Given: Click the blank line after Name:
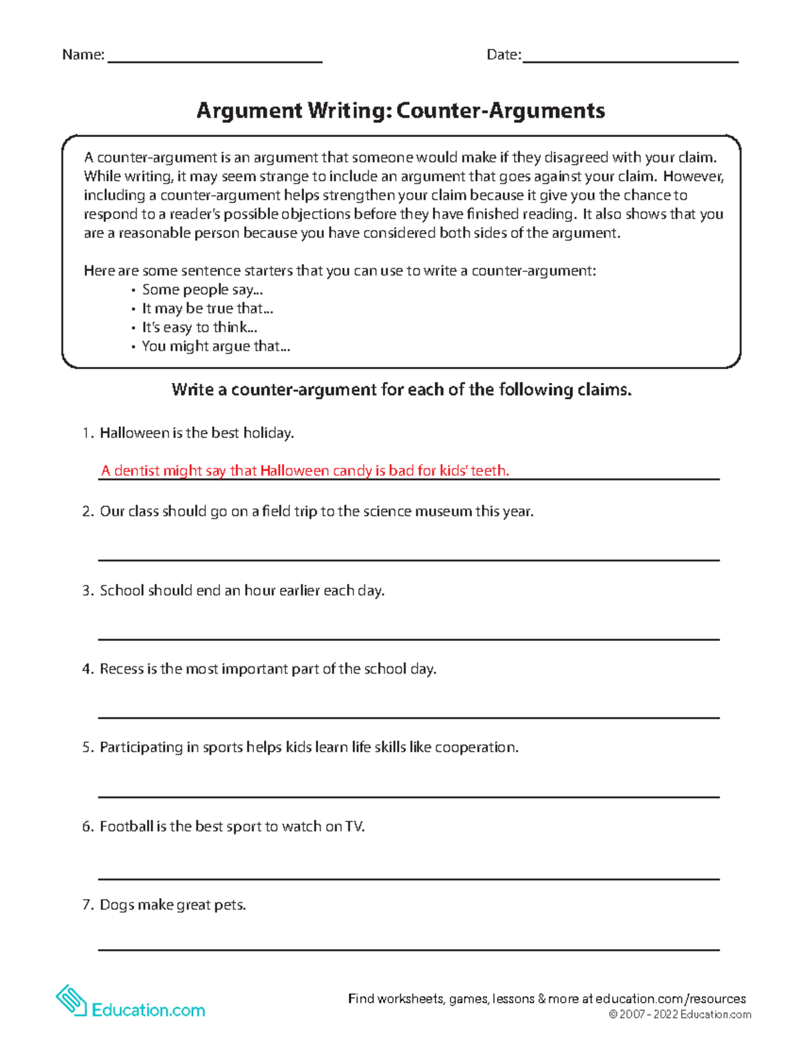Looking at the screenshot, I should tap(215, 60).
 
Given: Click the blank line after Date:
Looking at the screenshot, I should tap(630, 60).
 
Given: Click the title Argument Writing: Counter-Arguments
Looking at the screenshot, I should tap(400, 110).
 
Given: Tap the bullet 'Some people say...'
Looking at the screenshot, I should tap(202, 290).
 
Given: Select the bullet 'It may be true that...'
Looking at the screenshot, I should tap(207, 309).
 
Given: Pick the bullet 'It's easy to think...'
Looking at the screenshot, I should tap(199, 328).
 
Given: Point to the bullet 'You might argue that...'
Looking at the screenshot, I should tap(215, 346).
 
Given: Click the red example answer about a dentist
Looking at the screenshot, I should tap(305, 471).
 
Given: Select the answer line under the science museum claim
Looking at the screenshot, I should tap(408, 559).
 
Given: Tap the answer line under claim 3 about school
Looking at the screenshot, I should tap(408, 638).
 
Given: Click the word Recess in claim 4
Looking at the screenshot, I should tap(121, 669).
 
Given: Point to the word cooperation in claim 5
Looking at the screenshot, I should tap(475, 747).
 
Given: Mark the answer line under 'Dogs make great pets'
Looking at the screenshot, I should tap(408, 948).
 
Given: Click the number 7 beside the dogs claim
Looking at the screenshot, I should tap(87, 905).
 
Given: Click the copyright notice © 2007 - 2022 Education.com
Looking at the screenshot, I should tap(679, 1015).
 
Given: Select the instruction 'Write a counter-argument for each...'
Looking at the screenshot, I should tap(401, 390).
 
